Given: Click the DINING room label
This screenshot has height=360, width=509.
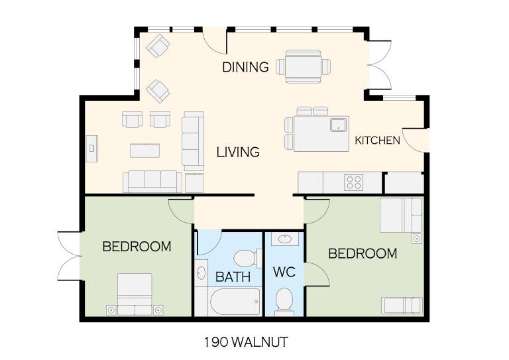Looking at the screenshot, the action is (x=245, y=67).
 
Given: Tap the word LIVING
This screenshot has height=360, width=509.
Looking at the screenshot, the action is (x=238, y=152).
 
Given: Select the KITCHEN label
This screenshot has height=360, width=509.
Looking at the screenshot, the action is (x=377, y=141).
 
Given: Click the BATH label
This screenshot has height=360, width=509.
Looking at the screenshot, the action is (x=233, y=277).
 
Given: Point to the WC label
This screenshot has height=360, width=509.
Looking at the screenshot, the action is (x=284, y=272).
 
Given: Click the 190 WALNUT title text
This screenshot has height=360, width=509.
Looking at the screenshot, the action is (x=246, y=342).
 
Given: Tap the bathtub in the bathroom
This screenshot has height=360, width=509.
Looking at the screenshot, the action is (x=235, y=302).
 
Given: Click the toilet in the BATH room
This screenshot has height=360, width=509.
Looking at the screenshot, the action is (x=247, y=259).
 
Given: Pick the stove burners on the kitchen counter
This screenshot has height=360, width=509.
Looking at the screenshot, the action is (x=354, y=182).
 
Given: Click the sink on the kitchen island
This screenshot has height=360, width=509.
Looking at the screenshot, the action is (x=338, y=125).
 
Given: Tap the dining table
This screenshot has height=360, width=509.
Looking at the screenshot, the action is (x=303, y=67).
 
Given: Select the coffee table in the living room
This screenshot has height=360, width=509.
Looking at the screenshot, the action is (x=144, y=150).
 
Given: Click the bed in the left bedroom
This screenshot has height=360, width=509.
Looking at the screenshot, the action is (x=135, y=294).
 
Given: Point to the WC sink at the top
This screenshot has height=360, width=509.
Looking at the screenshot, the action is (x=285, y=239).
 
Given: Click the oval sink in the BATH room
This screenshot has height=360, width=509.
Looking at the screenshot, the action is (x=201, y=272).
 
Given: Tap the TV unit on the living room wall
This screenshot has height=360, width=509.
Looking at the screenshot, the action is (x=91, y=149).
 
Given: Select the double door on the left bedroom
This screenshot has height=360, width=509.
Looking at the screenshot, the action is (x=70, y=256).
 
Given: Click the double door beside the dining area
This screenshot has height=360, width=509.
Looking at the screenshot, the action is (x=380, y=65).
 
